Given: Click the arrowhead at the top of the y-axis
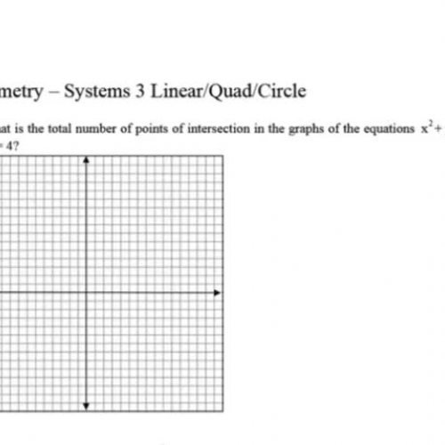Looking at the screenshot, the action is pos(85,160).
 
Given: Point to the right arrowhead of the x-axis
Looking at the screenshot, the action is pos(219,292).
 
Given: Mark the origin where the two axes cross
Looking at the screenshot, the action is pos(85,292).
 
